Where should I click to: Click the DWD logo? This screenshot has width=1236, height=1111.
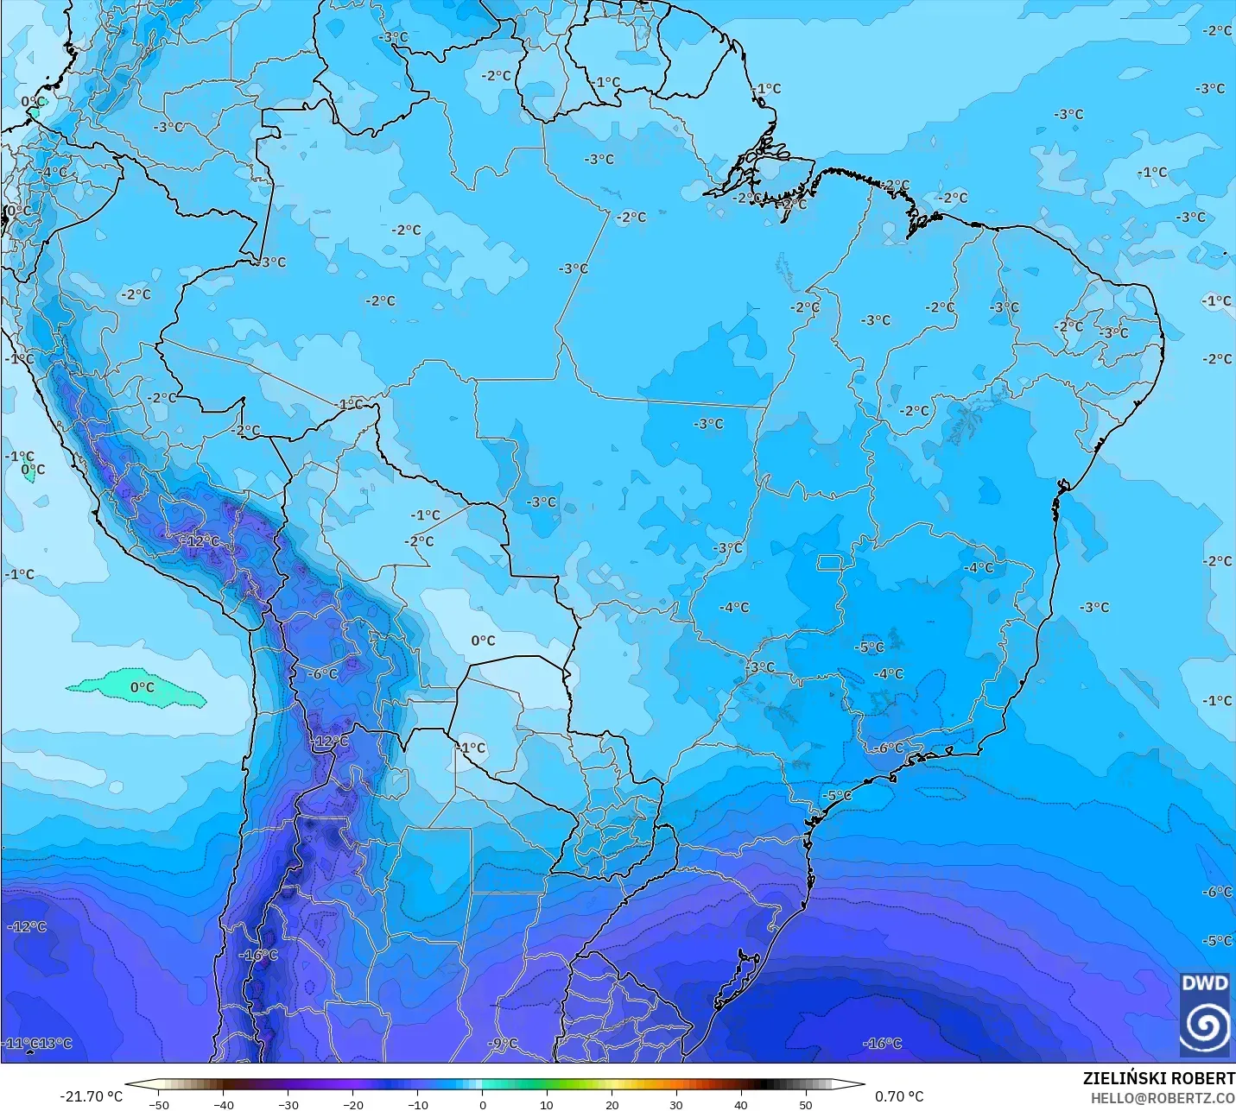coord(1205,1013)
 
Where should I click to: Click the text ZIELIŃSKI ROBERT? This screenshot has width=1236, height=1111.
coord(1158,1078)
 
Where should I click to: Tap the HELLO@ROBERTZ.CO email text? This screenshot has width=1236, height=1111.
coord(1162,1098)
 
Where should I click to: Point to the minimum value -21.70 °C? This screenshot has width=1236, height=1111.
coord(91,1096)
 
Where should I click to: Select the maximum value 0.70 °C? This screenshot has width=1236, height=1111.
coord(899,1096)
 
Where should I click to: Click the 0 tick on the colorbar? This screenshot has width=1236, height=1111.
coord(482,1104)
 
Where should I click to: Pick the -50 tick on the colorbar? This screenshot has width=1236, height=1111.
coord(159,1104)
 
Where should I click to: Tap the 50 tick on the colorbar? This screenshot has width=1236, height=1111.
coord(805,1104)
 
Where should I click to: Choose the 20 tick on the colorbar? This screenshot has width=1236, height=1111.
coord(612,1104)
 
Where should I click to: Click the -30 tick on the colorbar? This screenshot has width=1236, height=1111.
coord(288,1104)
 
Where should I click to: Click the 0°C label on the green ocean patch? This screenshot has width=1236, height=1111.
coord(143,687)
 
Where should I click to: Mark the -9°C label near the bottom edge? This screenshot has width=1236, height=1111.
coord(502,1044)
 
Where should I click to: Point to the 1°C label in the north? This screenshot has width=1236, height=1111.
coord(607,83)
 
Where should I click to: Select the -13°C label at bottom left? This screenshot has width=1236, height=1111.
coord(57,1043)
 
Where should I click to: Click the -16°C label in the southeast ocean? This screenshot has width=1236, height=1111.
coord(882,1044)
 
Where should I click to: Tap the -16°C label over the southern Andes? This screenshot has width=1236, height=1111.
coord(258,955)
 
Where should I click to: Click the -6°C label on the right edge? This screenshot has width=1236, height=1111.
coord(1217,892)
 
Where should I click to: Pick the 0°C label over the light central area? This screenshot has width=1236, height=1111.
coord(483,641)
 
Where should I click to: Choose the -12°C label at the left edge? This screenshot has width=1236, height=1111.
coord(27,926)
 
